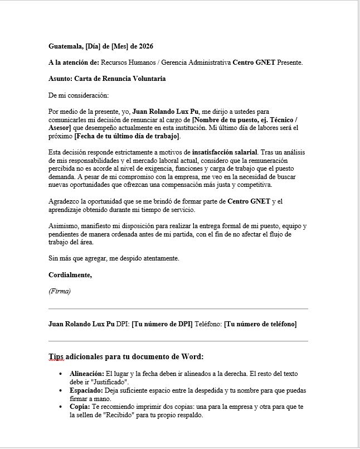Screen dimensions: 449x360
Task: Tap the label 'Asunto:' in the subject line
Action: click(61, 79)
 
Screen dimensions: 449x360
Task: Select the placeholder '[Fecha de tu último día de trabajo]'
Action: click(128, 136)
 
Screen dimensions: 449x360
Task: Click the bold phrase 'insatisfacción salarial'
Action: click(224, 152)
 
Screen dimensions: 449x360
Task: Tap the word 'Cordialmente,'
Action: click(70, 275)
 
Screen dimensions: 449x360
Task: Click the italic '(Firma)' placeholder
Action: click(60, 291)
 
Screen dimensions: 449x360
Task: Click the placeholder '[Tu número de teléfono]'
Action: click(260, 324)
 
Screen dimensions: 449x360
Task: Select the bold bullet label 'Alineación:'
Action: click(86, 373)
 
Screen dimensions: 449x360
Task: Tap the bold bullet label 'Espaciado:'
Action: click(85, 390)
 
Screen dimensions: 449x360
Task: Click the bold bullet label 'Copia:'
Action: click(80, 407)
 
